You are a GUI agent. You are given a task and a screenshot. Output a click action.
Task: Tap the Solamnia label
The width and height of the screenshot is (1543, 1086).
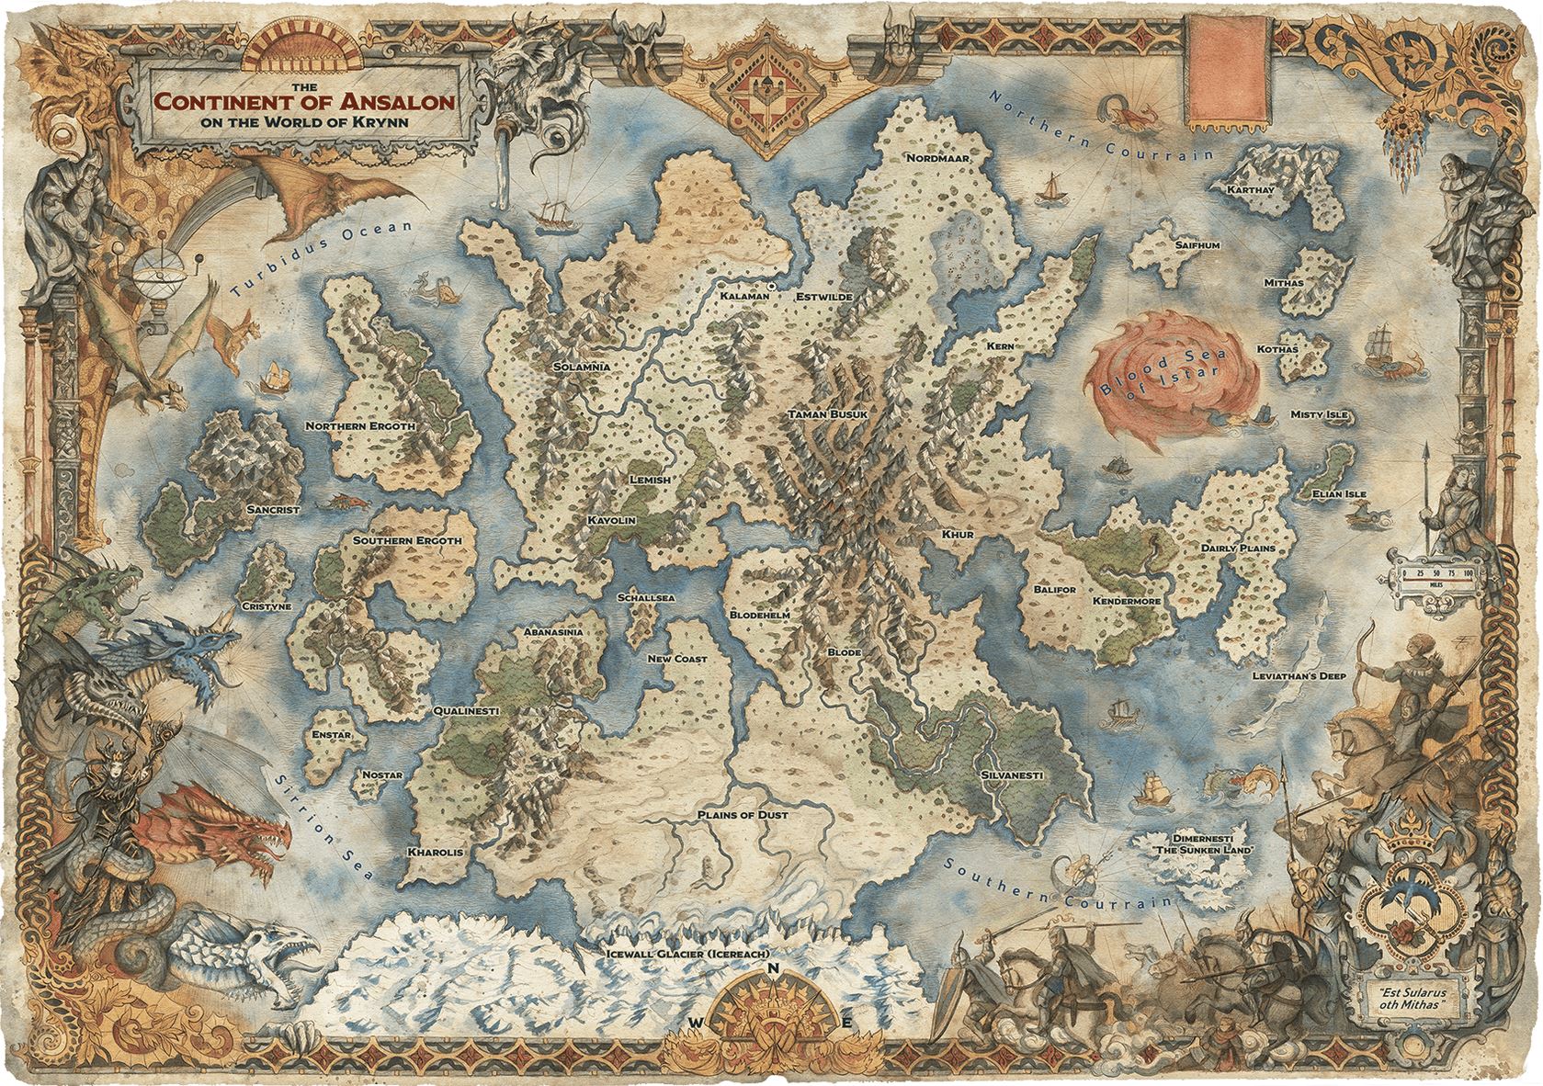(x=582, y=367)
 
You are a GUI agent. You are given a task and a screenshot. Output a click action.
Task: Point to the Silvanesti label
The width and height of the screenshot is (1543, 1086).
(x=1011, y=775)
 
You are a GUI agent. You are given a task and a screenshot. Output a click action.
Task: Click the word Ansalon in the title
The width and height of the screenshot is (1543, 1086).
(x=401, y=102)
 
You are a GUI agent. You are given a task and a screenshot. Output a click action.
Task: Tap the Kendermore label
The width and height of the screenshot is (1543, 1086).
(x=1126, y=601)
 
